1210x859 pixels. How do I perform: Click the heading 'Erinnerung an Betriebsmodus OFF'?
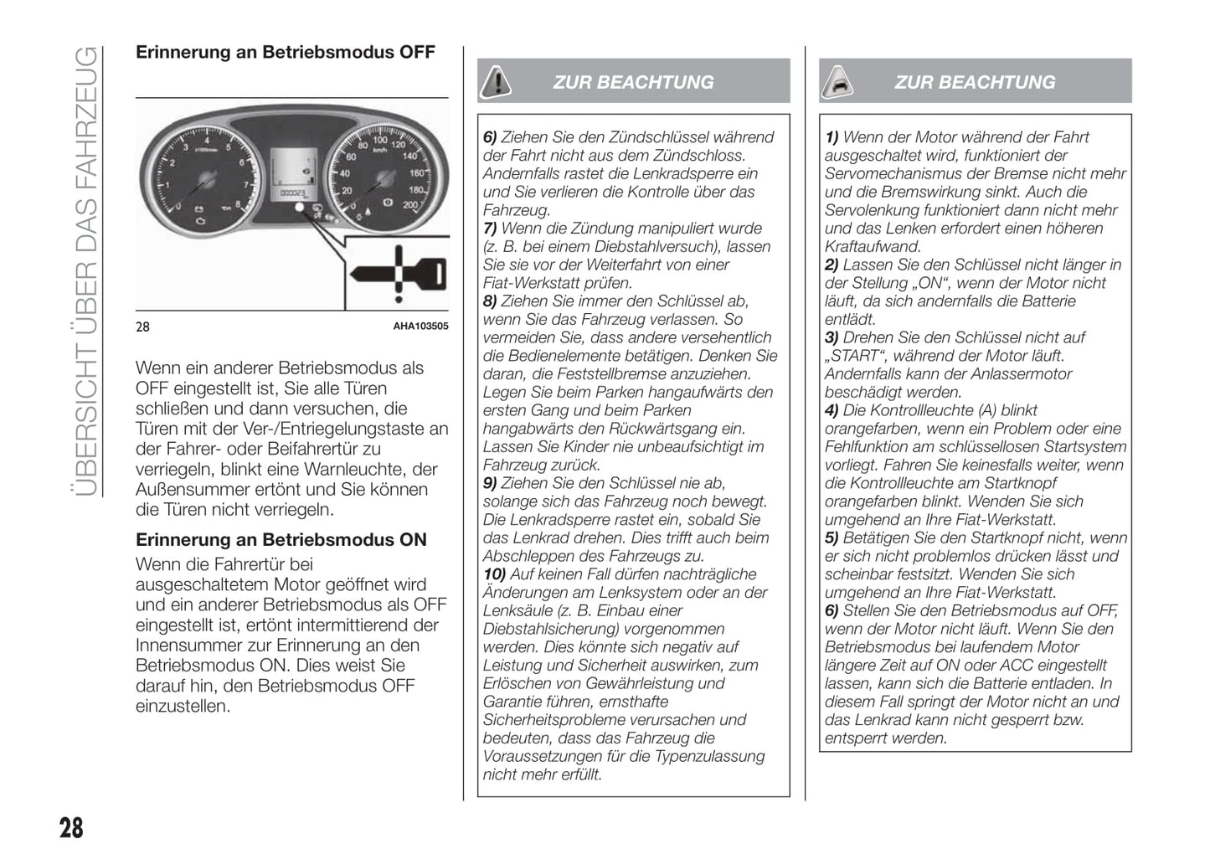click(286, 53)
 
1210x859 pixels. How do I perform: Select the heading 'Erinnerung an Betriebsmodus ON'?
click(281, 540)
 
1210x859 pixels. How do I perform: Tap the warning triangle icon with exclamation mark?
click(497, 81)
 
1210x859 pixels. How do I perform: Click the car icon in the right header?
click(838, 82)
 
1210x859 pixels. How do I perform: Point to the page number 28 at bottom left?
click(71, 828)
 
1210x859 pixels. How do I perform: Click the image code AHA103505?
click(420, 327)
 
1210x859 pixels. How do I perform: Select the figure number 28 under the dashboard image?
click(143, 327)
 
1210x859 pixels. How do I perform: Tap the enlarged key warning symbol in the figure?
click(401, 273)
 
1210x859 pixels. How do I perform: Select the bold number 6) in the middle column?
click(490, 137)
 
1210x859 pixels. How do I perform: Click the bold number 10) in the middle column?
click(494, 574)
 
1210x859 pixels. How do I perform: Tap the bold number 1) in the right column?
click(832, 137)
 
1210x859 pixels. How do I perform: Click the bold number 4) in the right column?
click(832, 410)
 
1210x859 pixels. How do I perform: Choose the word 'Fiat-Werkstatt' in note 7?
click(530, 283)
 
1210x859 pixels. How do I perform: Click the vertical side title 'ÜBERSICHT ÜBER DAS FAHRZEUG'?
click(85, 272)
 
